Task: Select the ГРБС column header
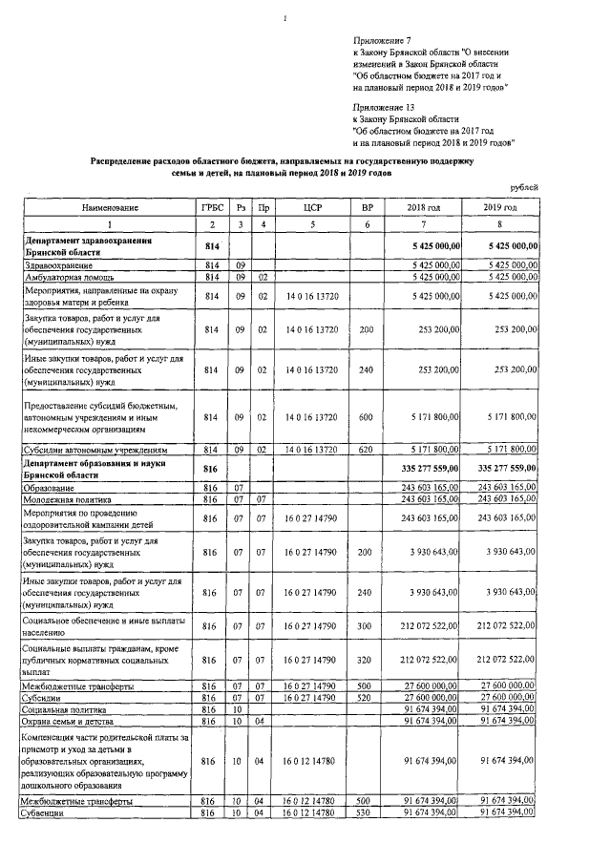tap(211, 207)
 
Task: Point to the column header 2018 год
tap(423, 207)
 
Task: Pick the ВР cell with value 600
tap(366, 417)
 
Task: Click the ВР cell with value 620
tap(366, 448)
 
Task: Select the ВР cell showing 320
tap(366, 659)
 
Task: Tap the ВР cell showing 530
tap(366, 812)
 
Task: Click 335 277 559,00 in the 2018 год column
tap(424, 468)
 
